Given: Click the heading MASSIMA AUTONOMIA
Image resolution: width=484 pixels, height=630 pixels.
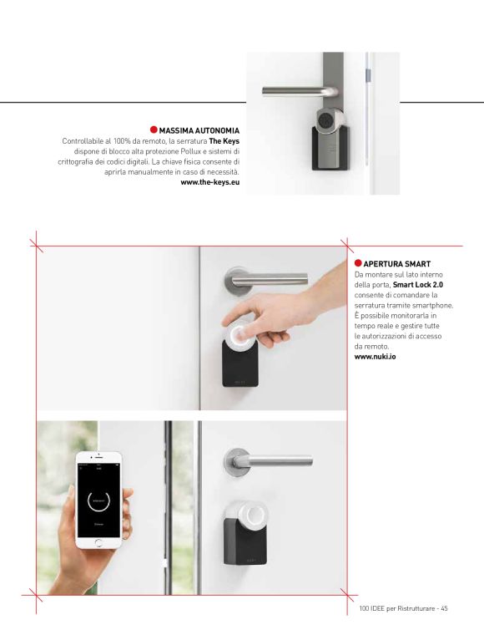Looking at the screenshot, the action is click(199, 130).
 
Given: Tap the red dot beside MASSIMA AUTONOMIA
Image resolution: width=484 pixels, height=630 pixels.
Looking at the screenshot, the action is click(154, 130).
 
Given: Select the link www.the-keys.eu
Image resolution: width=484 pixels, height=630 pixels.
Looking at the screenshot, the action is click(210, 182).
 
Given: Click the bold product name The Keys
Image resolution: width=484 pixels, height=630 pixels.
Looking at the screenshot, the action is click(224, 141).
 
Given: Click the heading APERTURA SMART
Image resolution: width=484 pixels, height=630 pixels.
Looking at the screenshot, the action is click(397, 264).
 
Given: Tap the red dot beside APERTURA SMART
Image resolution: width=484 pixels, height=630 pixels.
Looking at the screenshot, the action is click(358, 263).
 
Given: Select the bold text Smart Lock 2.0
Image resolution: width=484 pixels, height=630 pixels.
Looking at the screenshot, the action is click(418, 285).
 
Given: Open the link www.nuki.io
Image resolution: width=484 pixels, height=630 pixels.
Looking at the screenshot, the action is click(375, 357).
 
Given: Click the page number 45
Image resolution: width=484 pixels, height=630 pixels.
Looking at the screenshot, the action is click(444, 608).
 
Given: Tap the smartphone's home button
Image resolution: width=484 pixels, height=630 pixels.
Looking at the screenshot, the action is click(98, 543).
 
